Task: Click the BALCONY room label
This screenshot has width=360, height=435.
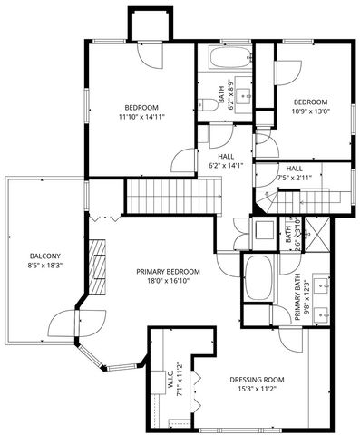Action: click(44, 256)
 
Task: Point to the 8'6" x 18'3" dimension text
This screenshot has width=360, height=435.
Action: click(44, 266)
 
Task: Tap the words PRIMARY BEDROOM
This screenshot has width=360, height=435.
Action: click(168, 271)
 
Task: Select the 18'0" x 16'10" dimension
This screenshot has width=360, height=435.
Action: click(168, 282)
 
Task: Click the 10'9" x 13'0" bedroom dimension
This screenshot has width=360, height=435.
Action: click(310, 112)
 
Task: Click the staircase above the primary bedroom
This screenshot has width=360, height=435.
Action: click(172, 192)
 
